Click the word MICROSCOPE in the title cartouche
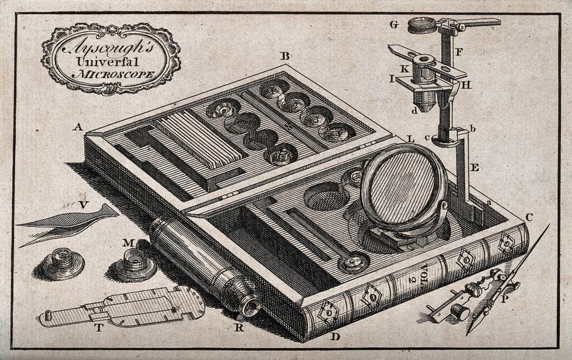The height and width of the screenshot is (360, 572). [114, 74]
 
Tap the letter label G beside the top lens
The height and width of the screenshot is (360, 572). [394, 25]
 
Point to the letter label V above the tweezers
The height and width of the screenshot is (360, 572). [84, 205]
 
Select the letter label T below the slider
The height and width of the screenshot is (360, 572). [99, 328]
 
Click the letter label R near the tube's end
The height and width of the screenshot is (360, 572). [239, 327]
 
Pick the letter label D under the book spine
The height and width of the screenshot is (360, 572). [335, 336]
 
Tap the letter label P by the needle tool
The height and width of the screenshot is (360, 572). [505, 299]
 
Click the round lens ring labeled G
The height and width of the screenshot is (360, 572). [421, 26]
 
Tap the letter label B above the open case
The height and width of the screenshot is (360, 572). [285, 56]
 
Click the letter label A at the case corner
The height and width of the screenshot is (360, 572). [77, 127]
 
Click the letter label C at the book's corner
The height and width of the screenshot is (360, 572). [529, 218]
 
